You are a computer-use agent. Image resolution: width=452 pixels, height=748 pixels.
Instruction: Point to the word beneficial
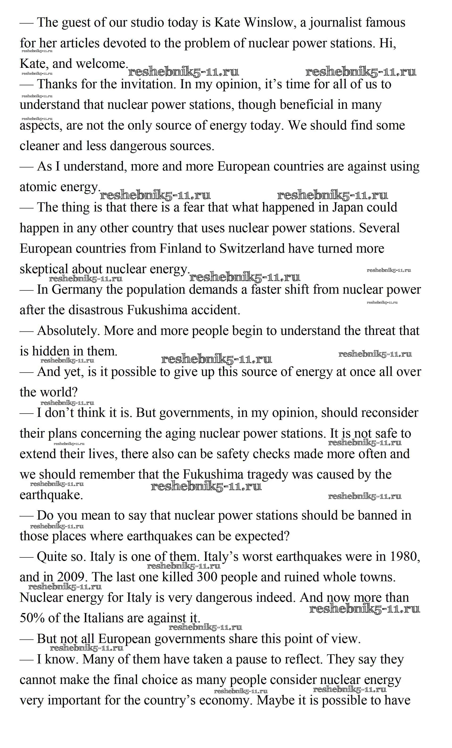pos(306,105)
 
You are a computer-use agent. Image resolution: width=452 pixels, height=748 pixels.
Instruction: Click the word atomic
pos(38,187)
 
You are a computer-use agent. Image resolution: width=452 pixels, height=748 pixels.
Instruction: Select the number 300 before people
pos(207,577)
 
